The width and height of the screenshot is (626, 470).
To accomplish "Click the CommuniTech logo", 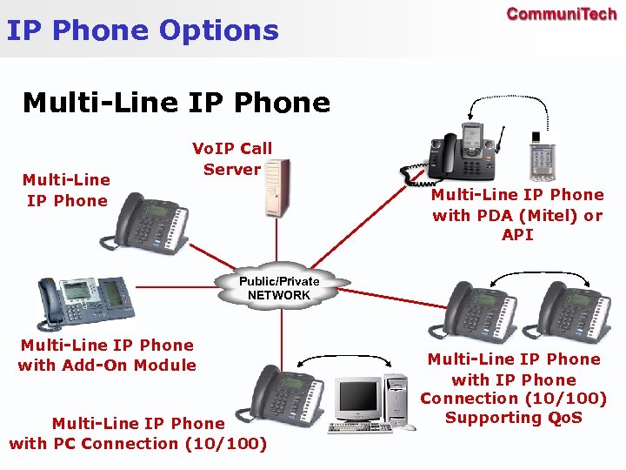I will (562, 15).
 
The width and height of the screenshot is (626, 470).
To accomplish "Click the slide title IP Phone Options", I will (143, 31).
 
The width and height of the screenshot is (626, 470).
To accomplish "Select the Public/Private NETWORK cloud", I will (279, 288).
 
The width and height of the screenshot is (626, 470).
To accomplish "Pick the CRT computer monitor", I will (358, 399).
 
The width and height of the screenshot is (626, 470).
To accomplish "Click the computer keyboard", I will (359, 427).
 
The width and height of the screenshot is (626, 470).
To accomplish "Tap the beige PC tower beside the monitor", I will (396, 400).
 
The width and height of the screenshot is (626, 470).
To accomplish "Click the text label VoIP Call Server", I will (231, 158).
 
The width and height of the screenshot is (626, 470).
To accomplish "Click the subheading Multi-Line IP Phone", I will (176, 103).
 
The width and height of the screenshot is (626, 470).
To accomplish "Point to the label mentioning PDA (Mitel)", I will (517, 214).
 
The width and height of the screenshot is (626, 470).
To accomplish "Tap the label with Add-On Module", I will (107, 355).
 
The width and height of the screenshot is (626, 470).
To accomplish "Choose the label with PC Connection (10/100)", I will (138, 433).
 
